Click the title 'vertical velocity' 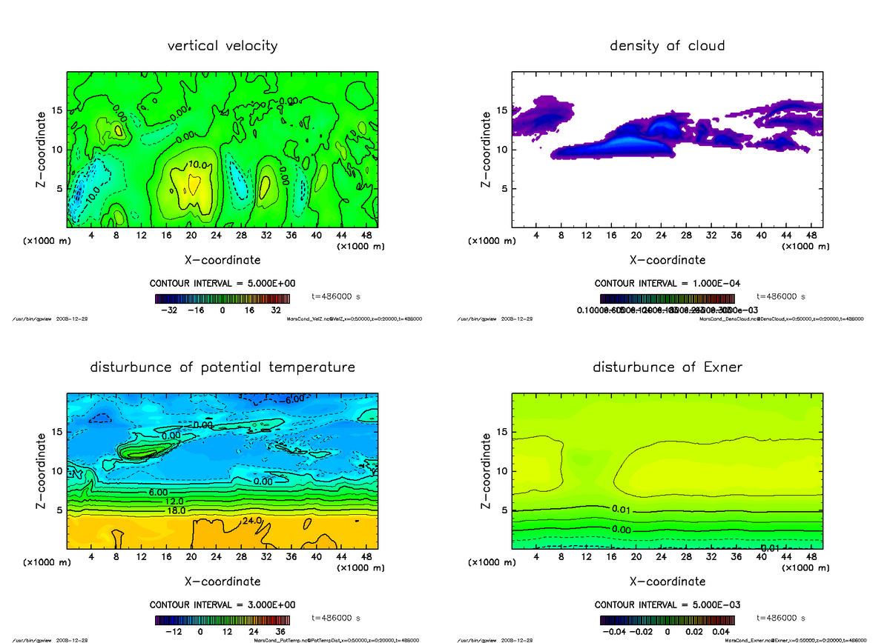222,46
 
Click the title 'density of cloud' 667,46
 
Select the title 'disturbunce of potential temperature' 222,367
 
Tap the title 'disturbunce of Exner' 667,367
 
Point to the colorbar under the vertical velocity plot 222,299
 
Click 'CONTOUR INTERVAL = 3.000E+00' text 222,604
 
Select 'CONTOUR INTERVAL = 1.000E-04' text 667,284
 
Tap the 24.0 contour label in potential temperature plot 251,522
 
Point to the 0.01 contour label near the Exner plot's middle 622,509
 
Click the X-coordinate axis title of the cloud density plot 667,260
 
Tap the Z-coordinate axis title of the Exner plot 487,470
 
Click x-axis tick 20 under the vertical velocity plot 191,236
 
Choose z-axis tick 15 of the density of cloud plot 501,110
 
